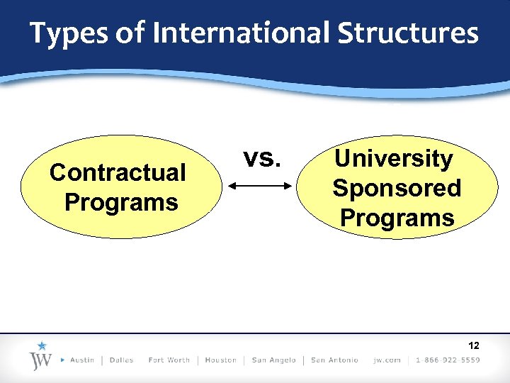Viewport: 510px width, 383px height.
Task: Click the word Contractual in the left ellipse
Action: [118, 172]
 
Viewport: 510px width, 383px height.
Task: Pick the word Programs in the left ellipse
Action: [121, 202]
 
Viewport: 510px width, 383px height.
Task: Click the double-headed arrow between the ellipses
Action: [261, 187]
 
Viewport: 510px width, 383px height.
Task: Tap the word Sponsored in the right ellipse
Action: [397, 188]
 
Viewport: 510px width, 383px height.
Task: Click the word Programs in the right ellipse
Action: [397, 217]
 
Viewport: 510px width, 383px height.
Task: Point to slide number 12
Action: [474, 345]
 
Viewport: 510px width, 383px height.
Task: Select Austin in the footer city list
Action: [82, 360]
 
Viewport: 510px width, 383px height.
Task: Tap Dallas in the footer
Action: [122, 360]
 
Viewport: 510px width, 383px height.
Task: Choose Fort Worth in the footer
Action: [169, 360]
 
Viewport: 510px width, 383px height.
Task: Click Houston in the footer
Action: [220, 360]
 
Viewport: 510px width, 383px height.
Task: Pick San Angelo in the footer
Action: [273, 360]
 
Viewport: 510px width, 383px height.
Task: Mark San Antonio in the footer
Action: [334, 360]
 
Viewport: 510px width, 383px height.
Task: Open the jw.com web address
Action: [387, 360]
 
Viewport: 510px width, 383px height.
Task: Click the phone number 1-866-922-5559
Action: [448, 360]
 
